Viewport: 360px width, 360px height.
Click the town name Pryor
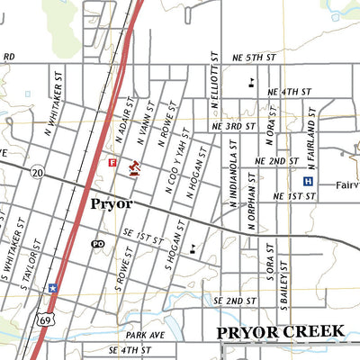tap(112, 204)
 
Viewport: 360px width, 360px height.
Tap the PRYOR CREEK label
tap(281, 332)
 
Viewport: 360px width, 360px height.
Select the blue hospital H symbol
tap(308, 181)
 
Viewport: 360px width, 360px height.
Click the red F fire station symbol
tap(112, 163)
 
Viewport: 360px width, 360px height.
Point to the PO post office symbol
tap(98, 243)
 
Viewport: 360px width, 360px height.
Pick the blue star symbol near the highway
tap(53, 288)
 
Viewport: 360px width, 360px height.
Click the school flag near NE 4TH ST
tap(249, 83)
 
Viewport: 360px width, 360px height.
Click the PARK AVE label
tap(146, 334)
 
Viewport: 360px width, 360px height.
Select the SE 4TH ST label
tap(129, 349)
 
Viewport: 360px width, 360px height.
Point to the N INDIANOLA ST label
tap(232, 175)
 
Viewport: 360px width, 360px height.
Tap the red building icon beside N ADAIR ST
tap(135, 168)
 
